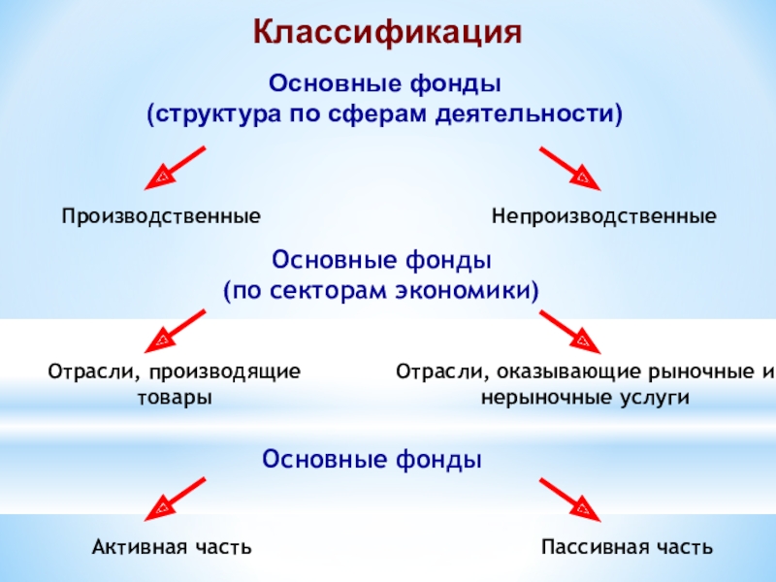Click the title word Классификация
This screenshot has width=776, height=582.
click(388, 31)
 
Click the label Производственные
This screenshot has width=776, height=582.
click(162, 215)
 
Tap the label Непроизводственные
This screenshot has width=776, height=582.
click(603, 215)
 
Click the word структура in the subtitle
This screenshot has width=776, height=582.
click(216, 114)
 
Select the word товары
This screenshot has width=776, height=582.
click(175, 398)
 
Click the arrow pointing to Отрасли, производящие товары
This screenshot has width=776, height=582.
click(177, 330)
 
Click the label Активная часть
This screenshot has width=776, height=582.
click(173, 548)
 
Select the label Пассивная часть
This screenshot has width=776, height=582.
click(628, 548)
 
